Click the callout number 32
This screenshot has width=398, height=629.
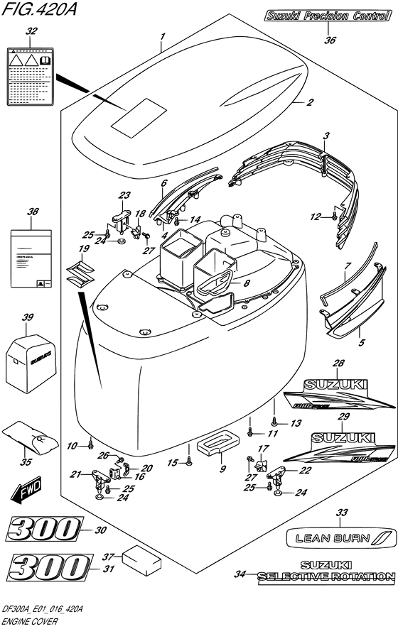[30, 31]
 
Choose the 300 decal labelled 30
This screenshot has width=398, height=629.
[45, 530]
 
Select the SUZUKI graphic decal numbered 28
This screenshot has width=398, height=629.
[337, 395]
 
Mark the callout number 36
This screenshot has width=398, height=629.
[329, 41]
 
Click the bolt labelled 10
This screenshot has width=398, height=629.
[92, 445]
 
